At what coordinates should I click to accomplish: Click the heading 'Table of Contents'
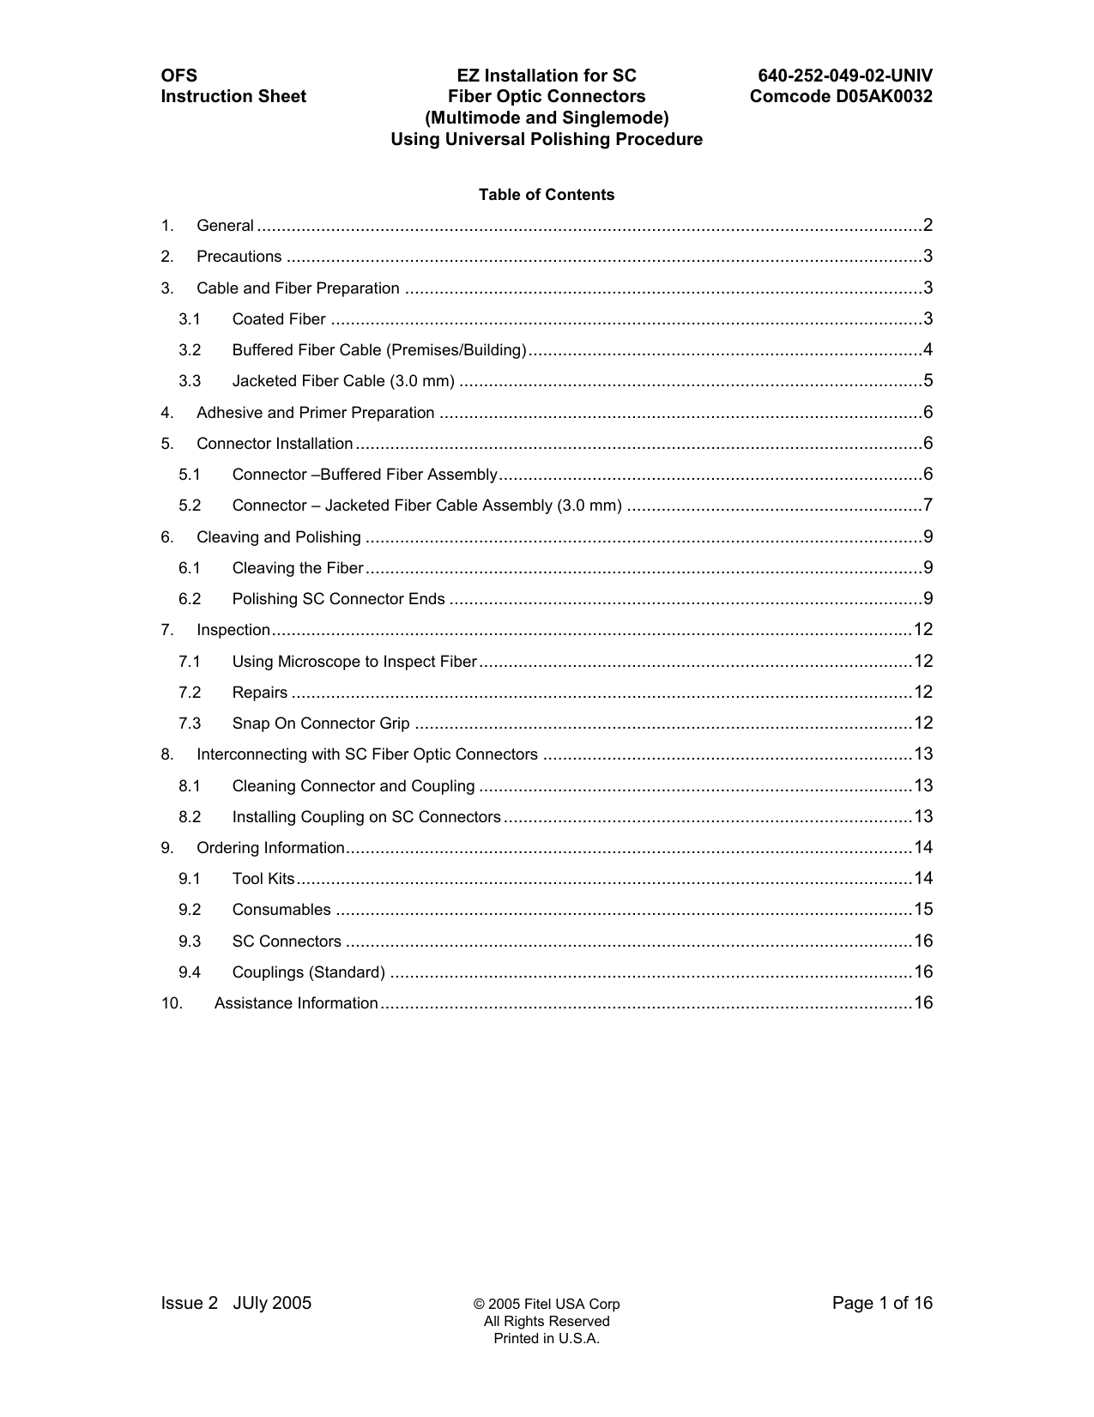pyautogui.click(x=547, y=195)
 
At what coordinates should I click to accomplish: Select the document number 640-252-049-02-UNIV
pyautogui.click(x=844, y=76)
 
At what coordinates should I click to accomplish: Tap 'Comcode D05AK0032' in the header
pyautogui.click(x=841, y=96)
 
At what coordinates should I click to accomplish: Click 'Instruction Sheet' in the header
pyautogui.click(x=233, y=96)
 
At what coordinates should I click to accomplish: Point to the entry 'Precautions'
pyautogui.click(x=239, y=257)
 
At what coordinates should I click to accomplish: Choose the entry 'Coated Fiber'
pyautogui.click(x=279, y=319)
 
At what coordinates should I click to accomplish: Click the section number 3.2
pyautogui.click(x=190, y=350)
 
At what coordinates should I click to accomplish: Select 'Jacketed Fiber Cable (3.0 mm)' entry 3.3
pyautogui.click(x=343, y=381)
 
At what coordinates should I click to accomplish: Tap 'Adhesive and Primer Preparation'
pyautogui.click(x=315, y=413)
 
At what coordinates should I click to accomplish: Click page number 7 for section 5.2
pyautogui.click(x=928, y=505)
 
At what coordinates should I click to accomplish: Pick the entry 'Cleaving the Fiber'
pyautogui.click(x=298, y=568)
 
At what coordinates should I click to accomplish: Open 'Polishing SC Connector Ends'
pyautogui.click(x=338, y=599)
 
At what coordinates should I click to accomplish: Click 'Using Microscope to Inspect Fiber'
pyautogui.click(x=354, y=662)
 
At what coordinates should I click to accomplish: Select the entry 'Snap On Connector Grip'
pyautogui.click(x=321, y=724)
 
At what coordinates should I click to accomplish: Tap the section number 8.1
pyautogui.click(x=190, y=786)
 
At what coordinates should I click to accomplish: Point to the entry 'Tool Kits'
pyautogui.click(x=263, y=879)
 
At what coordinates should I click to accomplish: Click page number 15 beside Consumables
pyautogui.click(x=923, y=910)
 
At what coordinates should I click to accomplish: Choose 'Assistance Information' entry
pyautogui.click(x=296, y=1003)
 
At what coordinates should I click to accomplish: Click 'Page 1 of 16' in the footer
pyautogui.click(x=881, y=1304)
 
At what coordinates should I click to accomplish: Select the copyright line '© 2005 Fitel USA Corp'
pyautogui.click(x=547, y=1305)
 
